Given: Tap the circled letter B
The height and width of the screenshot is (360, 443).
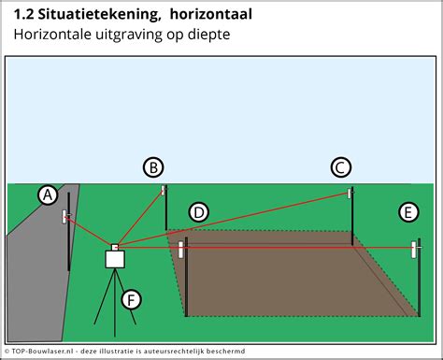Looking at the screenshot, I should coord(153,167).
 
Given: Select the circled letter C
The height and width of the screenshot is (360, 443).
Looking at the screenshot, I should coord(341,167).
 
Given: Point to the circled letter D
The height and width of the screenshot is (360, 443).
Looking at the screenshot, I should coord(198,212).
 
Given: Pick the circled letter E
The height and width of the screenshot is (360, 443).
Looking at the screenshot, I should coord(407,212).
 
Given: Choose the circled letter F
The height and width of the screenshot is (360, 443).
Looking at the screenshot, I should coord(133,299).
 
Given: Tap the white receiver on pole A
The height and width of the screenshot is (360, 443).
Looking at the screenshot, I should coord(67,217).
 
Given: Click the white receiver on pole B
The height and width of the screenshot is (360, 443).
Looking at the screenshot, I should coord(164,190).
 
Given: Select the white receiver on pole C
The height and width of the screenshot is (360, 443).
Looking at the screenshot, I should coord(351,194).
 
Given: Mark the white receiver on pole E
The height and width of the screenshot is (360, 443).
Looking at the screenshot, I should coord(415,250).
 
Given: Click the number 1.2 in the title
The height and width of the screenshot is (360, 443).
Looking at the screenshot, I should coord(24,15).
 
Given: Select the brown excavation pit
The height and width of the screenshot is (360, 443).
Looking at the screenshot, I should coord(290,276).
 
